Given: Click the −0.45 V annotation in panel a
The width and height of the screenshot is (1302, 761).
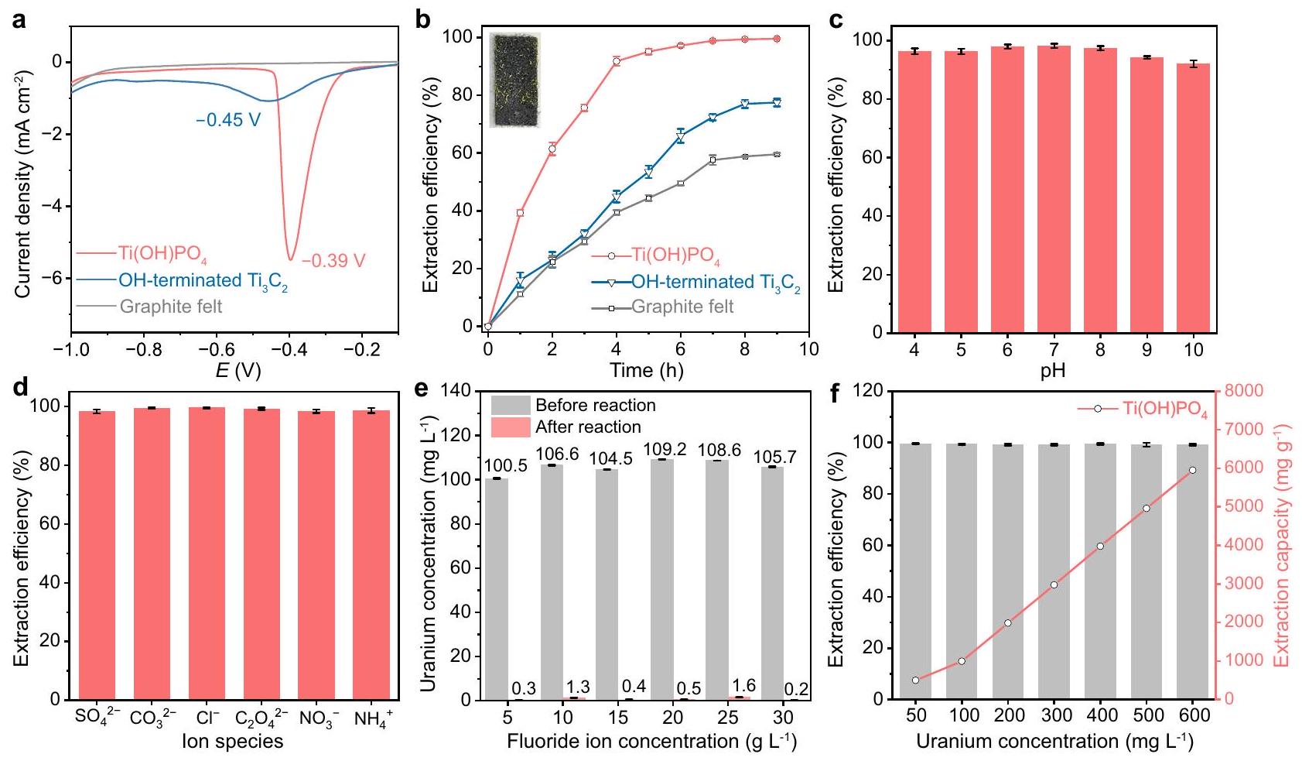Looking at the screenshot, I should click(x=228, y=120).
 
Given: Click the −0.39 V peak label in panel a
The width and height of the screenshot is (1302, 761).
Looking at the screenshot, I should click(x=333, y=261).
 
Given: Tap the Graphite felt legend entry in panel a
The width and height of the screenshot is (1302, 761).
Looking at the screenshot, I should click(x=170, y=307).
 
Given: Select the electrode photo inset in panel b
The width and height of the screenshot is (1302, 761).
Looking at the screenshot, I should click(x=515, y=81).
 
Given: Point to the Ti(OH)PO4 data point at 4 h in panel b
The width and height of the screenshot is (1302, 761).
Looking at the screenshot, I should click(x=617, y=61).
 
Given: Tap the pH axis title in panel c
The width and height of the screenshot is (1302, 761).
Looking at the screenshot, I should click(x=1052, y=371).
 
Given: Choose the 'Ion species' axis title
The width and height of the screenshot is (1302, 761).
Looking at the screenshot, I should click(x=233, y=742).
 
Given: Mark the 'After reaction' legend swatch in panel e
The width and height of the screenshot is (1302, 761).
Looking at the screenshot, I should click(x=510, y=427).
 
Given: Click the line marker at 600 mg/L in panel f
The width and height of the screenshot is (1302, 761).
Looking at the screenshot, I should click(x=1192, y=470).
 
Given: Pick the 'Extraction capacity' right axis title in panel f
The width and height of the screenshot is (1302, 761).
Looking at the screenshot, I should click(x=1282, y=544).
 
